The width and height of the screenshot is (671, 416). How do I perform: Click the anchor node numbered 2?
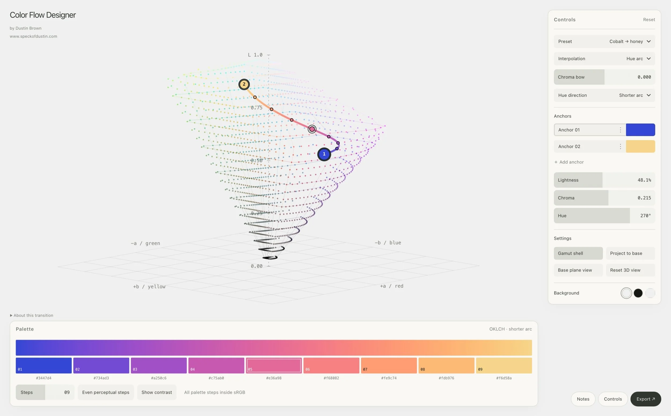pos(244,84)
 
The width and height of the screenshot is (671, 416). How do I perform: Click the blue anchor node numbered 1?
pos(324,154)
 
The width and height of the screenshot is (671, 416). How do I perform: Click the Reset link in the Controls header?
pos(649,20)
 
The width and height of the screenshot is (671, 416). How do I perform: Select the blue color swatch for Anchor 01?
pos(640,129)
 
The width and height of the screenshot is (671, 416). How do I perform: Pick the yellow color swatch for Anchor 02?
pos(640,146)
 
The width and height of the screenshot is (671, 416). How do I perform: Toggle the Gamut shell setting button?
pos(578,253)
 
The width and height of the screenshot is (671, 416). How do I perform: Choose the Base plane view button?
pos(578,270)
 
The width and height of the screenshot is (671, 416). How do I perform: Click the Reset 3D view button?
pos(630,270)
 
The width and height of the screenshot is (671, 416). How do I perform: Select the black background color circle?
pos(638,293)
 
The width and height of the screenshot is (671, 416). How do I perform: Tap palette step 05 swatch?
pos(273,365)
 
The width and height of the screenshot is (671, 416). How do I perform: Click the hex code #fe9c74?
pos(389,378)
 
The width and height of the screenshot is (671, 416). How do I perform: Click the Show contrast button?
pos(156,392)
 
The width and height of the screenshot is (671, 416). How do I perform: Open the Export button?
pos(646,399)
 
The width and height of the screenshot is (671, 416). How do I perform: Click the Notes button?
pos(583,399)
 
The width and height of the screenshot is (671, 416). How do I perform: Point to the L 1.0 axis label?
pos(255,55)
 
